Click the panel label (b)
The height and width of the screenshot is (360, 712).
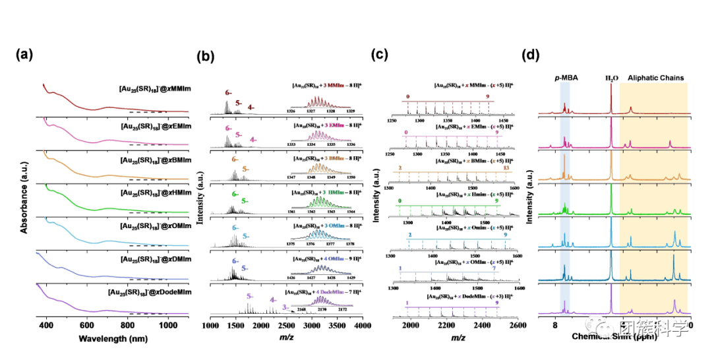[207, 57]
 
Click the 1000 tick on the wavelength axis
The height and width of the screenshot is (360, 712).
[168, 325]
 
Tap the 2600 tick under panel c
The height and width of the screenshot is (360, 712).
[518, 325]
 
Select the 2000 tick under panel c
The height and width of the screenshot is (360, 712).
[411, 325]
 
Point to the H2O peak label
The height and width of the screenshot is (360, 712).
[612, 78]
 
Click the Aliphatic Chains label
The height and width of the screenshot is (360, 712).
[655, 78]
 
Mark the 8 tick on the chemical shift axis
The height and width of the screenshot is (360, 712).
[555, 325]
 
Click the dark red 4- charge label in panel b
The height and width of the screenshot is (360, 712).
[251, 107]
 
